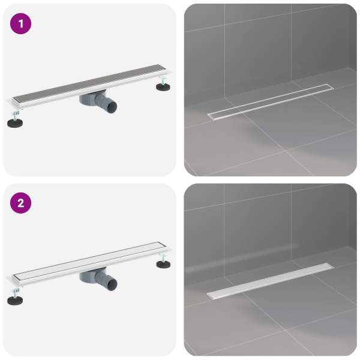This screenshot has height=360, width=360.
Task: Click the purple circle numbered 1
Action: click(x=20, y=23)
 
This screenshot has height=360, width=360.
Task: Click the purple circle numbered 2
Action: click(x=20, y=203)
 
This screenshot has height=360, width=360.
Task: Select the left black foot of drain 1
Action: click(x=15, y=123)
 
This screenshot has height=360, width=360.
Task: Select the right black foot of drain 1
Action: click(x=163, y=87)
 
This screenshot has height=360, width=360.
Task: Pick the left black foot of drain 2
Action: click(x=15, y=300)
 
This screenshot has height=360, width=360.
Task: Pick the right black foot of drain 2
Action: click(x=163, y=264)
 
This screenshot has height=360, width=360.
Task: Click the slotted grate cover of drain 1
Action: click(x=89, y=83)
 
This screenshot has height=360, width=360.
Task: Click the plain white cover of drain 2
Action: click(x=89, y=260)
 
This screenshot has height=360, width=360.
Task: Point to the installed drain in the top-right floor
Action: click(x=271, y=102)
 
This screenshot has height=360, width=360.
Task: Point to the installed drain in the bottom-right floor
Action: click(x=271, y=281)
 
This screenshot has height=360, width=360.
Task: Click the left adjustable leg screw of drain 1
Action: click(x=16, y=115)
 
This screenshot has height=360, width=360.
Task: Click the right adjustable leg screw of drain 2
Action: click(x=163, y=256)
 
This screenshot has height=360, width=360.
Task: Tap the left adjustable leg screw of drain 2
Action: click(x=16, y=292)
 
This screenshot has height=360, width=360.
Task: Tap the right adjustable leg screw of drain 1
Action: click(x=163, y=80)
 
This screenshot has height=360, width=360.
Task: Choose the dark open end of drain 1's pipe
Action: click(x=113, y=107)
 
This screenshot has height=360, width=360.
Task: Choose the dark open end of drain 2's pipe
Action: click(x=113, y=283)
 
